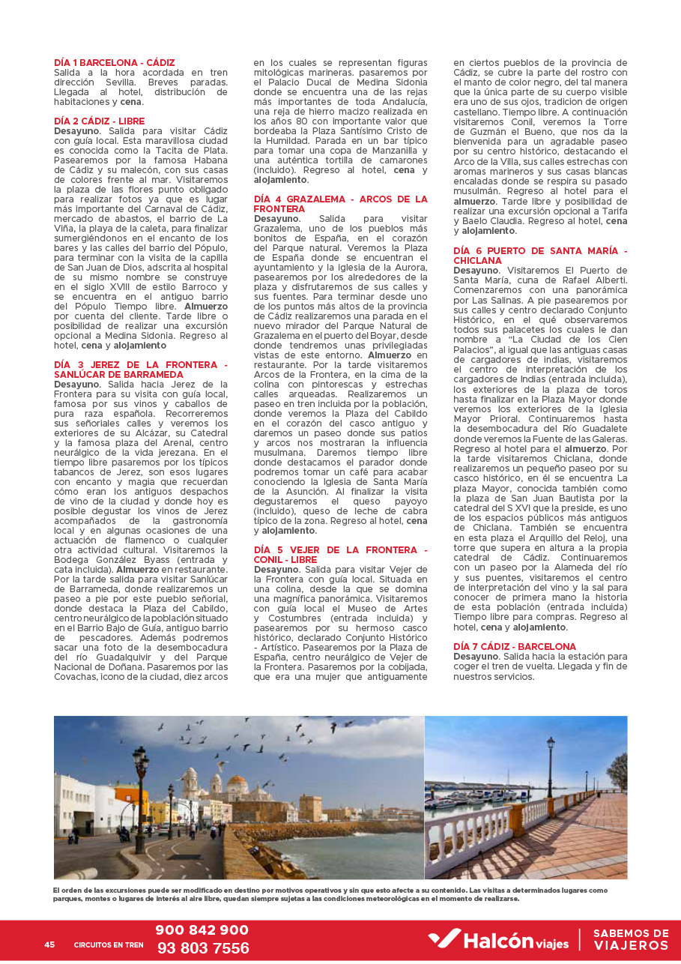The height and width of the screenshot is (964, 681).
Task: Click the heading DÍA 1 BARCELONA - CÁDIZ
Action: coord(114,62)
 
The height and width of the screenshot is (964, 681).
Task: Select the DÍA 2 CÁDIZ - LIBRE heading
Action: coord(99,121)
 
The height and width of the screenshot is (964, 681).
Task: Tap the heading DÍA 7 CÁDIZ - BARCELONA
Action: coord(515,646)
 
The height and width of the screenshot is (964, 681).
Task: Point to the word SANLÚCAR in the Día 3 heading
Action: coord(81,374)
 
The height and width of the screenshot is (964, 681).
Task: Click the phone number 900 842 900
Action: coord(202,930)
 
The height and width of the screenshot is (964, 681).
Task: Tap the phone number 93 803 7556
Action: coord(203,948)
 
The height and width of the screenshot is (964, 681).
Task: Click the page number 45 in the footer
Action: coord(49,945)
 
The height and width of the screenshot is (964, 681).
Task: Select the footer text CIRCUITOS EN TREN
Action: coord(109,945)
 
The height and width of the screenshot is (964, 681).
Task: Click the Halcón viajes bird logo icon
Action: coord(444,939)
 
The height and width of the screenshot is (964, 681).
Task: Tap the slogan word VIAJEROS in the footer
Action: coord(631,946)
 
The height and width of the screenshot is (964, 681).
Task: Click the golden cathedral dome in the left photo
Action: coord(237,784)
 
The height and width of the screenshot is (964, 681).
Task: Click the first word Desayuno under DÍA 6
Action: coord(476,270)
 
